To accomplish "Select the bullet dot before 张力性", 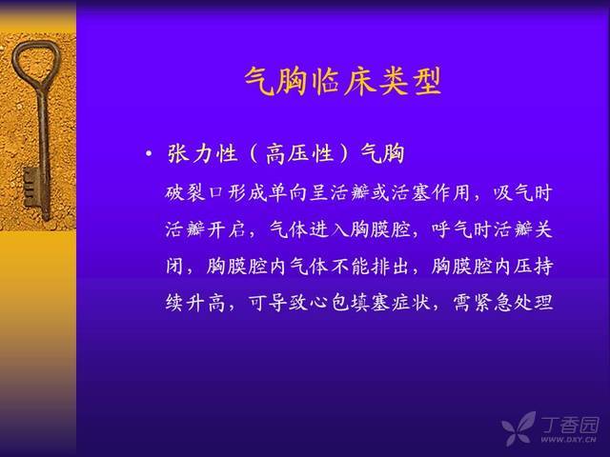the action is tap(149, 154).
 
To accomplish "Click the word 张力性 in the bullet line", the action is tap(202, 153).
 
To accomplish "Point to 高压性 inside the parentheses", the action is tap(299, 153).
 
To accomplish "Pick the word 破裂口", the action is tap(194, 193).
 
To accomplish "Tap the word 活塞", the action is tap(411, 193).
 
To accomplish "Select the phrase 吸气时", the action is tap(523, 193).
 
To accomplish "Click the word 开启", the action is tap(226, 229).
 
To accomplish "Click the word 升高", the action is tap(206, 303).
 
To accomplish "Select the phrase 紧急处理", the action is tap(514, 303).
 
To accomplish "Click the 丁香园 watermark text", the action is tap(570, 425).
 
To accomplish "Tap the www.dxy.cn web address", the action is tap(568, 440).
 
